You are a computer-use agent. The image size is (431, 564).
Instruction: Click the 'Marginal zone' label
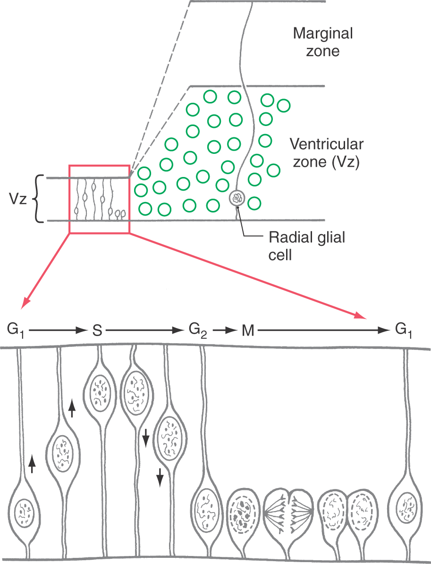point(322,42)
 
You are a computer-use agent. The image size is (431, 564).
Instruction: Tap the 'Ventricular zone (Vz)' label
point(326,153)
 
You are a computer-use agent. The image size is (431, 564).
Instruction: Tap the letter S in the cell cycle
point(97,331)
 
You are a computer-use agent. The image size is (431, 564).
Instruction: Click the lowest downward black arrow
point(160,477)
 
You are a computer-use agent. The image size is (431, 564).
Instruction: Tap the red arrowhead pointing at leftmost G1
point(26,301)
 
